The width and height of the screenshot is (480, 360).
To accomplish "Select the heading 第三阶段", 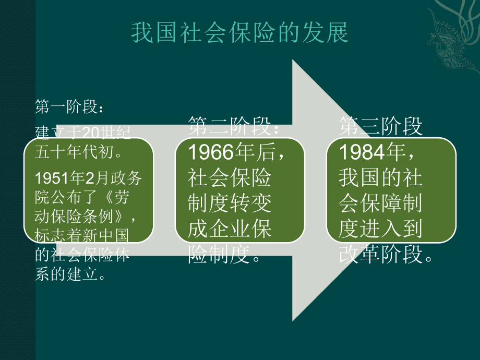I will pos(381,126).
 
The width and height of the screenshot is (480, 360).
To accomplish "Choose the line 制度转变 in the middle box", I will pos(230,203).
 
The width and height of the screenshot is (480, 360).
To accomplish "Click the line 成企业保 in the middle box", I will pos(230,230).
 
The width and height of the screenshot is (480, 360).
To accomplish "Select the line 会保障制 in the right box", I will pos(380,203).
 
